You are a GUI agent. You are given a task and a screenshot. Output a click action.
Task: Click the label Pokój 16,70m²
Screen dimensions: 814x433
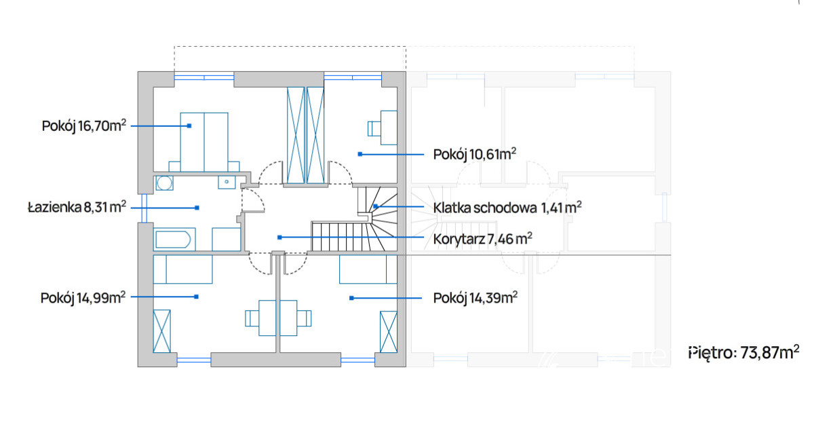coord(84,126)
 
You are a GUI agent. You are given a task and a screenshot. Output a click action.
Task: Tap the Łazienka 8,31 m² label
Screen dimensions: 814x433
coord(77,207)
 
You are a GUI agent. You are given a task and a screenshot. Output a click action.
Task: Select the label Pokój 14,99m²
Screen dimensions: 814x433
coord(83,298)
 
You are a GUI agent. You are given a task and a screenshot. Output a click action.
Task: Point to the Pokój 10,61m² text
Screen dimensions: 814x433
coord(475,154)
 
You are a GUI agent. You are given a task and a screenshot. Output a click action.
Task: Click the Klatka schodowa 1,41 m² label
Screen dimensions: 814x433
coord(507,208)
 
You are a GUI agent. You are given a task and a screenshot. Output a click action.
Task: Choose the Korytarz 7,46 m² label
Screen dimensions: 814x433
coord(482,239)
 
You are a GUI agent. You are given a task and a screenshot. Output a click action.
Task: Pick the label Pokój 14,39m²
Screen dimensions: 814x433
coord(476,298)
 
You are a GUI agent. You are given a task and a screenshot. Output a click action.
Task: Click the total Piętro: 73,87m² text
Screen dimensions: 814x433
coord(744,352)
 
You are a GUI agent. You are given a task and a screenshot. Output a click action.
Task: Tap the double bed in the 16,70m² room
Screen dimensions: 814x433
coord(204,142)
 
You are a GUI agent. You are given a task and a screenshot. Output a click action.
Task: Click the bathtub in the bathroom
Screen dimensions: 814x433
coord(174,239)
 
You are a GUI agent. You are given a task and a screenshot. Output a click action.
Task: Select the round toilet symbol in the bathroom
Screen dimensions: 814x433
coord(164,183)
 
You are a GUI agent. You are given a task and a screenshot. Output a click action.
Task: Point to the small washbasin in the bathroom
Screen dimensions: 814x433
coord(227,182)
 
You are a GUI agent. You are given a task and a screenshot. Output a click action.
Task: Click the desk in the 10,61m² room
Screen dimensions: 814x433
coord(389,128)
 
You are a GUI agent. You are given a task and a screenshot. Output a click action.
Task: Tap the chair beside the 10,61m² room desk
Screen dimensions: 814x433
coord(374,129)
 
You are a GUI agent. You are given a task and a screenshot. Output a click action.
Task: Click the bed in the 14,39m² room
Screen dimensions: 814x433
coord(368,269)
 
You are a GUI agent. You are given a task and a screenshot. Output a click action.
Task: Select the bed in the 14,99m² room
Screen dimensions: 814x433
coord(182,269)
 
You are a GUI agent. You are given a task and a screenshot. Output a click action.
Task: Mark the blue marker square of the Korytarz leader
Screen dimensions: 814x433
coord(279,238)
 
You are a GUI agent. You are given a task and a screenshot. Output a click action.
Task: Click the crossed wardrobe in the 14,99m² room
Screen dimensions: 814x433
coord(161,331)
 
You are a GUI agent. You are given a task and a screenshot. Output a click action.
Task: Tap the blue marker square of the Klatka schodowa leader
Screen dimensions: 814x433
coord(375,206)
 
